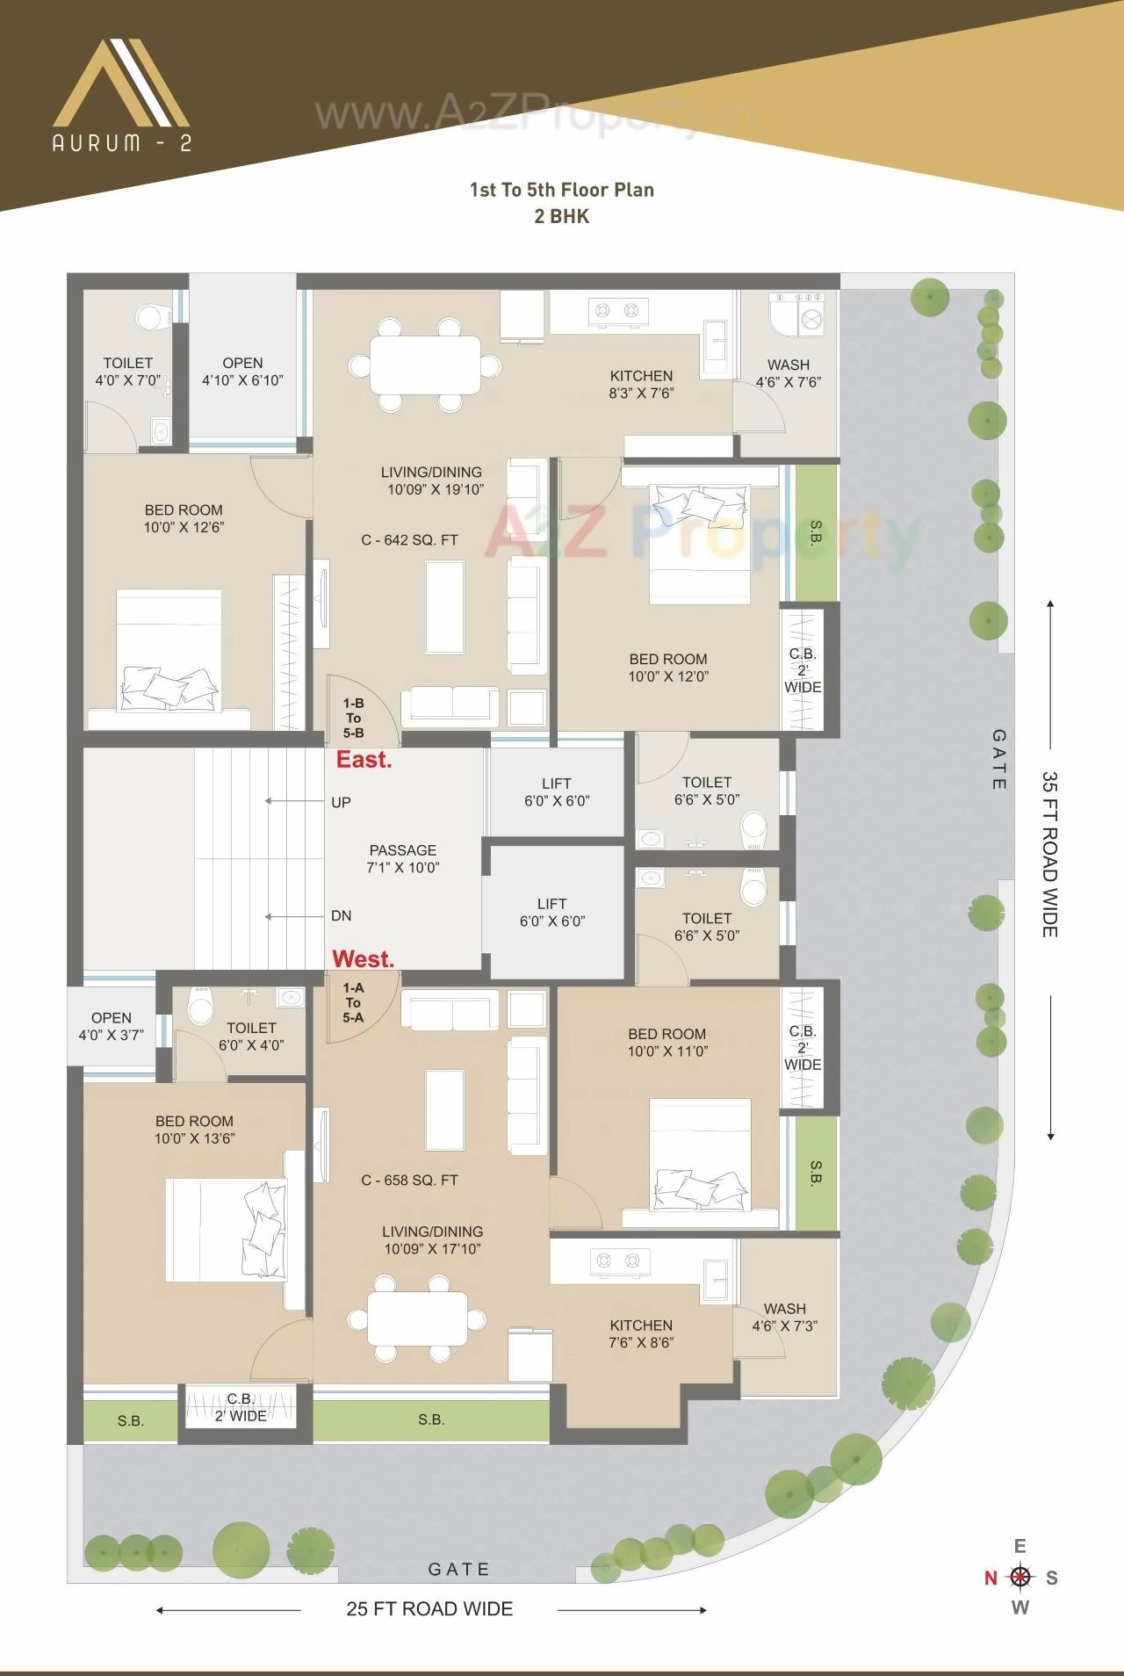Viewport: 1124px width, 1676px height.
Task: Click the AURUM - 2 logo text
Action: tap(121, 143)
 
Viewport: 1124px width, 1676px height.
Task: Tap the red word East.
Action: tap(364, 760)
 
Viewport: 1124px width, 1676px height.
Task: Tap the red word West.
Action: tap(363, 959)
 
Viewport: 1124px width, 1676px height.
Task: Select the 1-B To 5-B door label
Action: tap(353, 719)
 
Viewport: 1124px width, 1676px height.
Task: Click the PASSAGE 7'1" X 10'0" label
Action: tap(403, 859)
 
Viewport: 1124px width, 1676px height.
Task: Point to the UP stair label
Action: tap(341, 802)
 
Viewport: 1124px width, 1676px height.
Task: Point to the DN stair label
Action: tap(341, 915)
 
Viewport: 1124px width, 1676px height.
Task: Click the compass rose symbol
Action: tap(1020, 1577)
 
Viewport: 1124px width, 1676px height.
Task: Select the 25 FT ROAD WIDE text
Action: tap(429, 1608)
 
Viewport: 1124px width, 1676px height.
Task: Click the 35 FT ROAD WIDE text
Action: tap(1049, 855)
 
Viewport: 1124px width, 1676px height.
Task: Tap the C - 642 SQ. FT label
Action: tap(409, 540)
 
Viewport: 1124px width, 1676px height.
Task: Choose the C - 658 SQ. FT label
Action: tap(409, 1181)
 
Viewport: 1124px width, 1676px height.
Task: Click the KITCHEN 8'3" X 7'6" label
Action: tap(641, 385)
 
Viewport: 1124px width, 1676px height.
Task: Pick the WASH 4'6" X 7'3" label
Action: tap(784, 1318)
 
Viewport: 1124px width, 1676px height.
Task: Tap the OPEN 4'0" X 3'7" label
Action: tap(111, 1027)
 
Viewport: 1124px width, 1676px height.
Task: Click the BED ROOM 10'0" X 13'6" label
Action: tap(194, 1130)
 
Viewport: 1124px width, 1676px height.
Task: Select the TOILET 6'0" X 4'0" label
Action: tap(251, 1037)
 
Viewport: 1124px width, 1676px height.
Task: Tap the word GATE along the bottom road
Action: tap(458, 1569)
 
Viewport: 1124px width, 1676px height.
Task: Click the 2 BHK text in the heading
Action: tap(561, 216)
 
